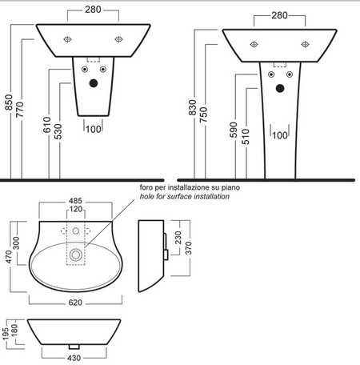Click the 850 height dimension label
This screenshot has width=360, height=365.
tap(9, 102)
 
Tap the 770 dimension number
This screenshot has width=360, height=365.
tap(20, 110)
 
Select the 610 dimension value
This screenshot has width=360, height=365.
tap(47, 125)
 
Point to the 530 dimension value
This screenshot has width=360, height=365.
tap(58, 131)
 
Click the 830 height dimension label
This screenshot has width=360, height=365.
tap(192, 107)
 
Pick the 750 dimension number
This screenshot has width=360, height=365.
tap(203, 114)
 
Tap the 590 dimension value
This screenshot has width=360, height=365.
tap(234, 130)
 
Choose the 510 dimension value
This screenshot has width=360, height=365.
tap(246, 137)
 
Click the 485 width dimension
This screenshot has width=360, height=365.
tap(75, 201)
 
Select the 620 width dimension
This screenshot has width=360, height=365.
tap(75, 303)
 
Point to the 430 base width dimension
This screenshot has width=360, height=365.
tap(74, 358)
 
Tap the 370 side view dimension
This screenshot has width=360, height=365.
tap(188, 248)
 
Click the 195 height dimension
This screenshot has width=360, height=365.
tap(6, 334)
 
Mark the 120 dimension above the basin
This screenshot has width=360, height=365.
tap(76, 209)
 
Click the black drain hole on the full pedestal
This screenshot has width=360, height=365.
tap(280, 88)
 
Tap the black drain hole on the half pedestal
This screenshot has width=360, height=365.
tap(94, 83)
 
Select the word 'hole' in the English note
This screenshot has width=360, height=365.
tap(146, 196)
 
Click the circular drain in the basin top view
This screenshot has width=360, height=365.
tap(75, 255)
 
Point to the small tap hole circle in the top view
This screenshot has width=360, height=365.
tap(76, 231)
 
